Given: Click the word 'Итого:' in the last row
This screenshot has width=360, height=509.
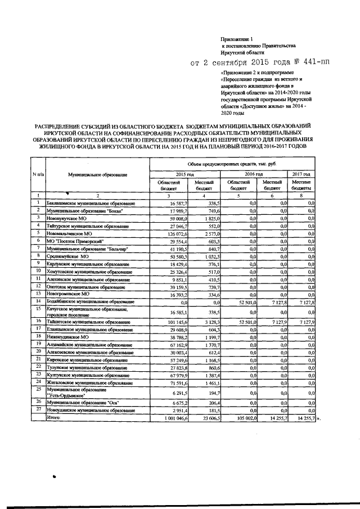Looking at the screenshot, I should pos(53,418).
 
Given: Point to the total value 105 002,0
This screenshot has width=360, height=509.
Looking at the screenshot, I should pos(245,418).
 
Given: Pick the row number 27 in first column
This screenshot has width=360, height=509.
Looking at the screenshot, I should pos(38,409).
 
